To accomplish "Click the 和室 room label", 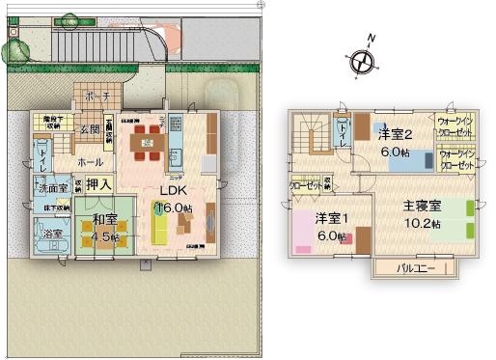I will [99, 221].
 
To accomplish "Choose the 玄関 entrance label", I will [91, 129].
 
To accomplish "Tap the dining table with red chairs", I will [149, 144].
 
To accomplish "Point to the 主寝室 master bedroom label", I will [422, 206].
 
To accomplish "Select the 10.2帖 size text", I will [422, 223].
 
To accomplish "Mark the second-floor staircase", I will [312, 134].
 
